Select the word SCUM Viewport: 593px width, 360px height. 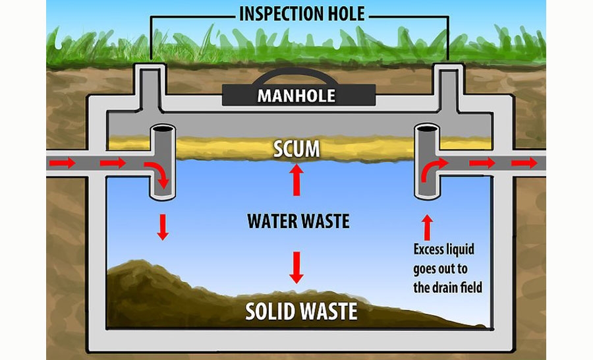[296, 149]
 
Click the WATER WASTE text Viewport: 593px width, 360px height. [298, 220]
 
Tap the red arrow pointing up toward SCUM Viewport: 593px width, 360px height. [296, 180]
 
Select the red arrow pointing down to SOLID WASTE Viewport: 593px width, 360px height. [296, 266]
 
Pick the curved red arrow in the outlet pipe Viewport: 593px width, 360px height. [432, 169]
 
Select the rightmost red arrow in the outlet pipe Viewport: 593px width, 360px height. [524, 162]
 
